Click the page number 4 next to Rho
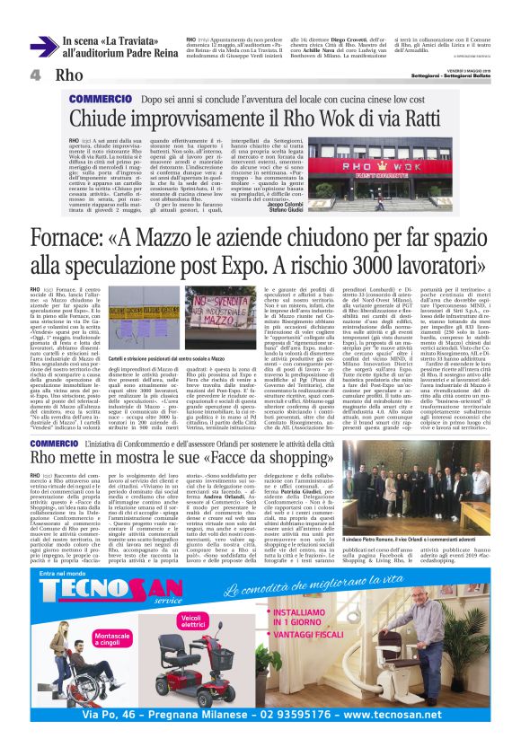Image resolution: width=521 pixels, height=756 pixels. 35,75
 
